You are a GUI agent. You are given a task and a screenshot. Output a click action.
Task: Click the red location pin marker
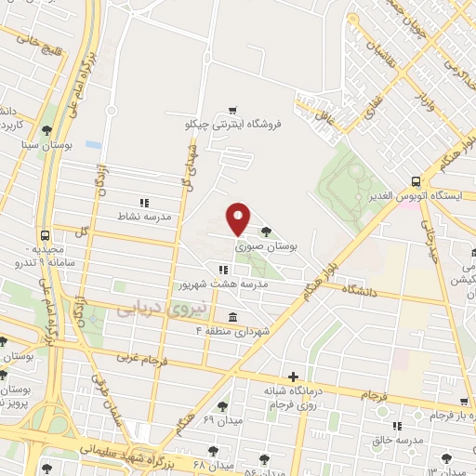pos(239,218)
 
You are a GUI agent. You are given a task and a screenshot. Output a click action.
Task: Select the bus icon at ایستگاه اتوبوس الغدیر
pos(415,182)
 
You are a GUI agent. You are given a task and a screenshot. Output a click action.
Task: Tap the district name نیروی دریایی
pos(151,309)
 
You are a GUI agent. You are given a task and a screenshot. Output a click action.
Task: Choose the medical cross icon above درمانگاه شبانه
pos(294,377)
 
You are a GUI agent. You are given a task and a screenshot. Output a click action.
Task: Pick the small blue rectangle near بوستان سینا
pos(92,145)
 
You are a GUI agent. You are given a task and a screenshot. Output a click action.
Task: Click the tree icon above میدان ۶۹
pos(222,405)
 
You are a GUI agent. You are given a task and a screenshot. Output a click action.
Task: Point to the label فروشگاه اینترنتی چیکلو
pos(232,123)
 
